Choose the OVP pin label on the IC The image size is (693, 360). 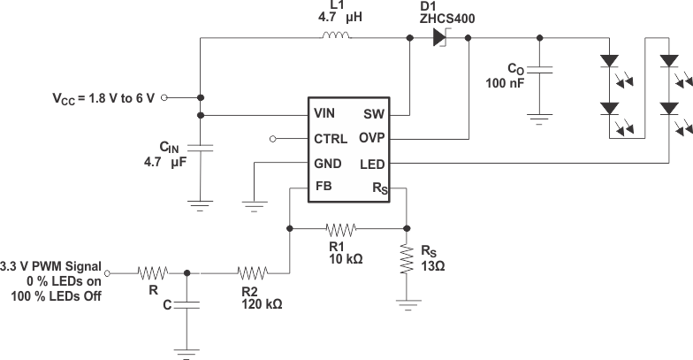370,139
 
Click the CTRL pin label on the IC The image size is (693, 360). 331,139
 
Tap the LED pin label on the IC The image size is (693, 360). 371,165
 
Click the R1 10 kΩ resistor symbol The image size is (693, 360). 340,229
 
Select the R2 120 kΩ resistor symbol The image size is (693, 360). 252,273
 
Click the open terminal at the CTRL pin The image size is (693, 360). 273,139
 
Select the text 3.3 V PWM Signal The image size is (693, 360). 50,265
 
